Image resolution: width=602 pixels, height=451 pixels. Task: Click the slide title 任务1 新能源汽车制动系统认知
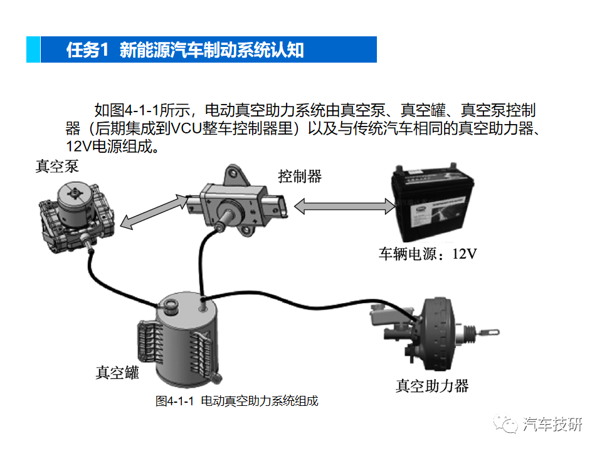[x=185, y=50]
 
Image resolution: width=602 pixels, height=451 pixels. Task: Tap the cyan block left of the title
[x=33, y=50]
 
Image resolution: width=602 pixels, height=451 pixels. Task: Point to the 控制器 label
[x=300, y=177]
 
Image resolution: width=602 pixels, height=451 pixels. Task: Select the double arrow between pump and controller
[x=154, y=210]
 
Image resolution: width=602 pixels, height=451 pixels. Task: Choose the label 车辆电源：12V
[x=428, y=254]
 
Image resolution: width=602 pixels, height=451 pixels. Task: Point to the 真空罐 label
[x=117, y=373]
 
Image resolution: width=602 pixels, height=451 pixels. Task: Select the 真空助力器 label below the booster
[x=432, y=385]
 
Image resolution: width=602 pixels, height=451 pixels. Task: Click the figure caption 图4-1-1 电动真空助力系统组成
[x=237, y=402]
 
